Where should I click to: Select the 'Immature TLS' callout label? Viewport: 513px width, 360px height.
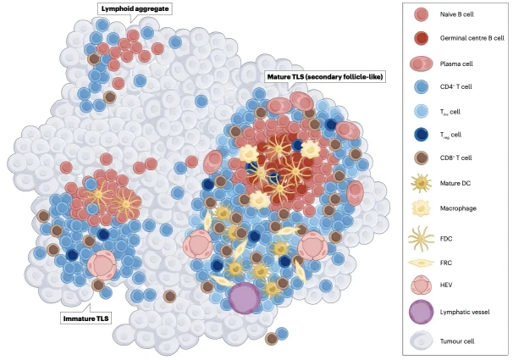point(85,318)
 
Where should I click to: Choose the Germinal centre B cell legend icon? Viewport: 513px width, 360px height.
point(421,39)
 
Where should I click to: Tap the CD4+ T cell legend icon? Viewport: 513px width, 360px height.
point(421,87)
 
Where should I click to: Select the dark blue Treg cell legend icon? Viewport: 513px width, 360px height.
point(421,135)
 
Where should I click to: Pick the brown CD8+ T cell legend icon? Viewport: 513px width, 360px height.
point(421,158)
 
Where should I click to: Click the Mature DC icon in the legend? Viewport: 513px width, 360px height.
point(421,182)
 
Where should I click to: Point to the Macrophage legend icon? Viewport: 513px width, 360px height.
point(421,206)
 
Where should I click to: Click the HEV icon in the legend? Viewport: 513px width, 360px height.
point(421,285)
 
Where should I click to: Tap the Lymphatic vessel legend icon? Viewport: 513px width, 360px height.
point(421,313)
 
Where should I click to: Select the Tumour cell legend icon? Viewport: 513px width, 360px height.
point(421,340)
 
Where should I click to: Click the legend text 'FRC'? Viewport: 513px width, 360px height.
point(446,263)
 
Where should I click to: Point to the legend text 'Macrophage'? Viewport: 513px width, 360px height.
point(459,206)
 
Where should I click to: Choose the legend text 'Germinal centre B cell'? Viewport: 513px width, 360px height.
point(473,39)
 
